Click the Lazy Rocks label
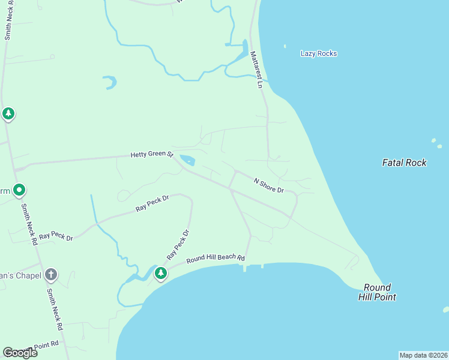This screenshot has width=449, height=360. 318,54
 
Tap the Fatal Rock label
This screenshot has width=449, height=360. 404,163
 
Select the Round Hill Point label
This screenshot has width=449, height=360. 377,292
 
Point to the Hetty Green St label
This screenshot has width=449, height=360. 152,155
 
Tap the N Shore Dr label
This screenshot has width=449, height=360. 268,185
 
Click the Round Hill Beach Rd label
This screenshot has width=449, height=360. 215,259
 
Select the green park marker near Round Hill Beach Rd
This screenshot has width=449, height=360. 160,274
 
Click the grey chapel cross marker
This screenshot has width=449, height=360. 51,275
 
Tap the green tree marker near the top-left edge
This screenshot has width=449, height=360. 8,113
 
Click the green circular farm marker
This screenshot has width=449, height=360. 19,191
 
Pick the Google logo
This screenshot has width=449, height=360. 20,353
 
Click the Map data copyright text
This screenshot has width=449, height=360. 423,355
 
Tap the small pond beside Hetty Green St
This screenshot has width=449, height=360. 187,160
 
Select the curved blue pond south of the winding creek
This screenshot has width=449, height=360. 109,82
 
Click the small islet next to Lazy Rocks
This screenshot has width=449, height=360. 285,46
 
